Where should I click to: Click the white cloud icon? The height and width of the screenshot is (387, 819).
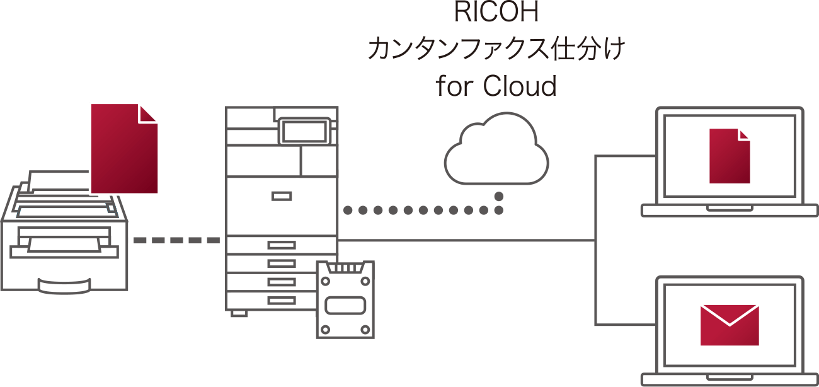[497, 151]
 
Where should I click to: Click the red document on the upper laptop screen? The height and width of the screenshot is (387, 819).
[730, 156]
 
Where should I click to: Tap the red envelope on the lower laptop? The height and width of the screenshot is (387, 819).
[730, 325]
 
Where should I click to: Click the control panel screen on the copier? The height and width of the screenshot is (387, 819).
[304, 130]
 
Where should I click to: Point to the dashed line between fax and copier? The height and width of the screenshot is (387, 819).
[176, 241]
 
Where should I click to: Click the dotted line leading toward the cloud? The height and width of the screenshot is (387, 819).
[422, 211]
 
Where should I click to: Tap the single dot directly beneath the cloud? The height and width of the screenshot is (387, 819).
[498, 196]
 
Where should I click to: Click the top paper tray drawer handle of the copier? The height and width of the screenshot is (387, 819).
[281, 245]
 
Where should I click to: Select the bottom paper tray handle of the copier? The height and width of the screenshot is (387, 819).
[281, 299]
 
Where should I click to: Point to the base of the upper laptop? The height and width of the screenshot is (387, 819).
[730, 210]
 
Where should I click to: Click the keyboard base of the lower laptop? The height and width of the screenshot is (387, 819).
[730, 379]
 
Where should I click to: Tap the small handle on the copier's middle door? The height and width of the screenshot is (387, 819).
[281, 196]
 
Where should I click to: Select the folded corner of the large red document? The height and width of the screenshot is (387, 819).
[149, 113]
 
